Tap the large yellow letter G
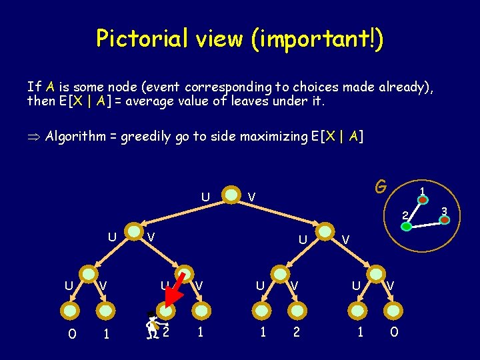pyautogui.click(x=381, y=187)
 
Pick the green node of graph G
pyautogui.click(x=406, y=226)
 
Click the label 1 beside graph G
pyautogui.click(x=421, y=193)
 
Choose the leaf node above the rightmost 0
pyautogui.click(x=393, y=309)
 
